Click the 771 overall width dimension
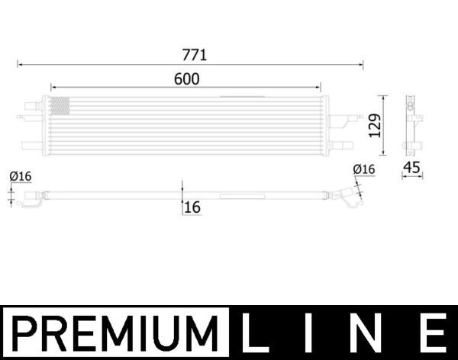tap(194, 55)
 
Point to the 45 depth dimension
tap(412, 169)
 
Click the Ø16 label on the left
tap(20, 176)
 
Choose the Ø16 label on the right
tap(363, 169)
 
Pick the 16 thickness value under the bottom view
tap(192, 207)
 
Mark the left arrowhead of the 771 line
tap(21, 66)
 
